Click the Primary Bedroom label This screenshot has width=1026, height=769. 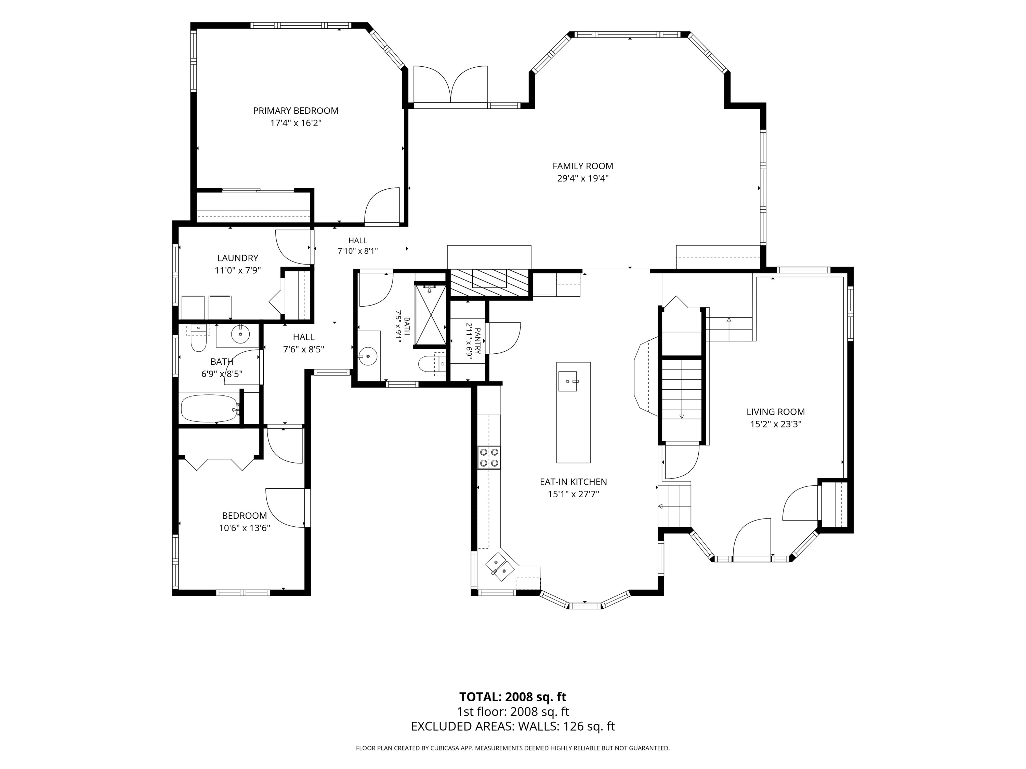pyautogui.click(x=295, y=111)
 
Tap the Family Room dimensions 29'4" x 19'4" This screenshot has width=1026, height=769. pyautogui.click(x=582, y=178)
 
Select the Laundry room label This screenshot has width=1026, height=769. pyautogui.click(x=237, y=258)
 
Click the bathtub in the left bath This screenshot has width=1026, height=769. pyautogui.click(x=210, y=408)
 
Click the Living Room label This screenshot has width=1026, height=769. pyautogui.click(x=776, y=412)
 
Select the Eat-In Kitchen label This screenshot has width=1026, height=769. pyautogui.click(x=573, y=482)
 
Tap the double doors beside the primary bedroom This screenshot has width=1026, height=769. pyautogui.click(x=450, y=84)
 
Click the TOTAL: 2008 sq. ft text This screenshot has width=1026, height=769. pyautogui.click(x=513, y=697)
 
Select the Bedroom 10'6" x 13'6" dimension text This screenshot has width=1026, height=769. pyautogui.click(x=245, y=527)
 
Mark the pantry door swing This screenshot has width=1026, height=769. pyautogui.click(x=504, y=338)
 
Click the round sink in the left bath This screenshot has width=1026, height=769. pyautogui.click(x=240, y=334)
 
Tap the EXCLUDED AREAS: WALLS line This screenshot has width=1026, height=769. pyautogui.click(x=513, y=726)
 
